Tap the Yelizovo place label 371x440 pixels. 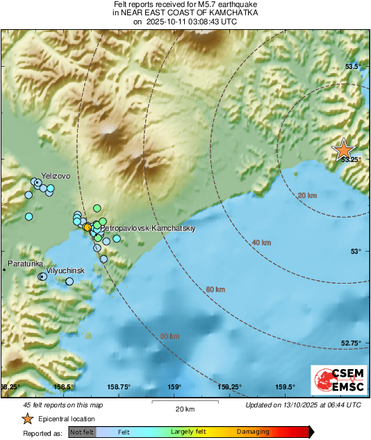coord(56,177)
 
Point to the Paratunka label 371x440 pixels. coord(26,264)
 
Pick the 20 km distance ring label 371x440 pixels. coord(306,196)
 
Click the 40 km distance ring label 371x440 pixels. coord(261,243)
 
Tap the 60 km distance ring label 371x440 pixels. coord(215,289)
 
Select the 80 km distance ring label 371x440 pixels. coord(170,336)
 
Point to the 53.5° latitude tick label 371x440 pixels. coord(354,67)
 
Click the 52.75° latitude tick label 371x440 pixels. coord(351,343)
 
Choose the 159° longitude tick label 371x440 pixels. coord(174,387)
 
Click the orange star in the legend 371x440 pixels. coord(27,418)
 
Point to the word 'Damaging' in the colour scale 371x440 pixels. coord(253,432)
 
